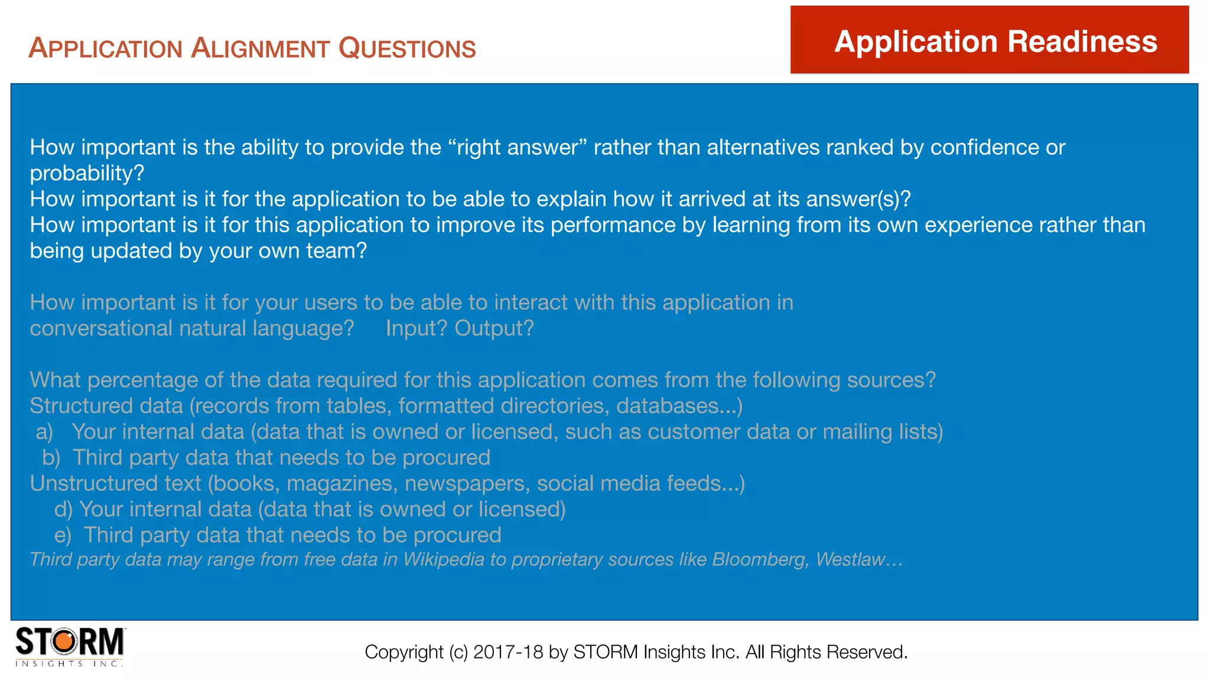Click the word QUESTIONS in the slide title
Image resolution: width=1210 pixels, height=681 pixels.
click(407, 48)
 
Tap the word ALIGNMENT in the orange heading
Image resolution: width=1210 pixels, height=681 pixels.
click(260, 48)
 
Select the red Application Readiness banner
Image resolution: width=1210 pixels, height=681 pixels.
click(989, 40)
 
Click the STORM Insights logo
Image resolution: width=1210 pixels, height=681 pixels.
click(70, 646)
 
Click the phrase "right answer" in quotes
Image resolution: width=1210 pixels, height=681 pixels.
click(518, 147)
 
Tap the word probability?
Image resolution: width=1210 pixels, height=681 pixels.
click(87, 173)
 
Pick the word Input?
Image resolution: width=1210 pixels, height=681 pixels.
click(417, 328)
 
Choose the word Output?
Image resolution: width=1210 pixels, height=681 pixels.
click(494, 328)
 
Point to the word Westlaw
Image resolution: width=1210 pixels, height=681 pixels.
click(851, 559)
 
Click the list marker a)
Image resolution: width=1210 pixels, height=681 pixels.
click(44, 432)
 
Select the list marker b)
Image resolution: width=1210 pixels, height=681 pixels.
click(51, 458)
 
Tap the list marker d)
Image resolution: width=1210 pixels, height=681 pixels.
click(63, 510)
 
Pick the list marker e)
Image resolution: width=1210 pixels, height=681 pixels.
click(63, 536)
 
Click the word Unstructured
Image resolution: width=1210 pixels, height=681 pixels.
click(115, 484)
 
